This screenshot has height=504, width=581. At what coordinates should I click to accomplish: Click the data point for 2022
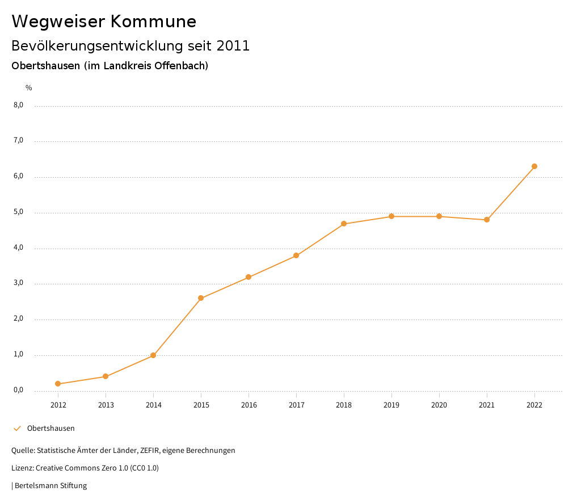coord(534,166)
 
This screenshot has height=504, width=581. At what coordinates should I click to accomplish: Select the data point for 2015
coord(201,298)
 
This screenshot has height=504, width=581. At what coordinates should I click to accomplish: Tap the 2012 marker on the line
coord(58,384)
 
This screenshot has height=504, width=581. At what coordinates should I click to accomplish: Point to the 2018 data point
coord(344,224)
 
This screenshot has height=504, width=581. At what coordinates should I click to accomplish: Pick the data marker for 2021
coord(487,220)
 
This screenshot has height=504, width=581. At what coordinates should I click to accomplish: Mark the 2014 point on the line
coord(153,355)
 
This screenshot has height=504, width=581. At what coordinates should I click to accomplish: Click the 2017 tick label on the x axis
coord(296,405)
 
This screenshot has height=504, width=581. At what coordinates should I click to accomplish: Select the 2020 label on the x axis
coord(439,405)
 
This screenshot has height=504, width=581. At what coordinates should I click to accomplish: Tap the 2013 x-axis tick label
coord(106,405)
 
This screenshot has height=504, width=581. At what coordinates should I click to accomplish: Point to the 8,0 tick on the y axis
coord(19,105)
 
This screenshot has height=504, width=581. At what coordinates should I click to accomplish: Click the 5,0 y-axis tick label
coord(19,212)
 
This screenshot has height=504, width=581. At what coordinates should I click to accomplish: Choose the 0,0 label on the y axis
coord(19,390)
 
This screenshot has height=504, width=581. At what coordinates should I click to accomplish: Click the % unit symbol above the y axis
coord(29,88)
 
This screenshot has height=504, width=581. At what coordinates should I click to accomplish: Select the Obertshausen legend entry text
coord(51,429)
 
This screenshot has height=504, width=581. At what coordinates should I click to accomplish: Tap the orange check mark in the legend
coord(17,429)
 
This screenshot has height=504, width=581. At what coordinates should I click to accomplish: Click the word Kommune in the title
coord(154,22)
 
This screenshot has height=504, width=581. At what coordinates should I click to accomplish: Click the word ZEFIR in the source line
coord(149,451)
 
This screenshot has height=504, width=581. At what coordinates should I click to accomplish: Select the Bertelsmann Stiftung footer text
coord(50,486)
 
